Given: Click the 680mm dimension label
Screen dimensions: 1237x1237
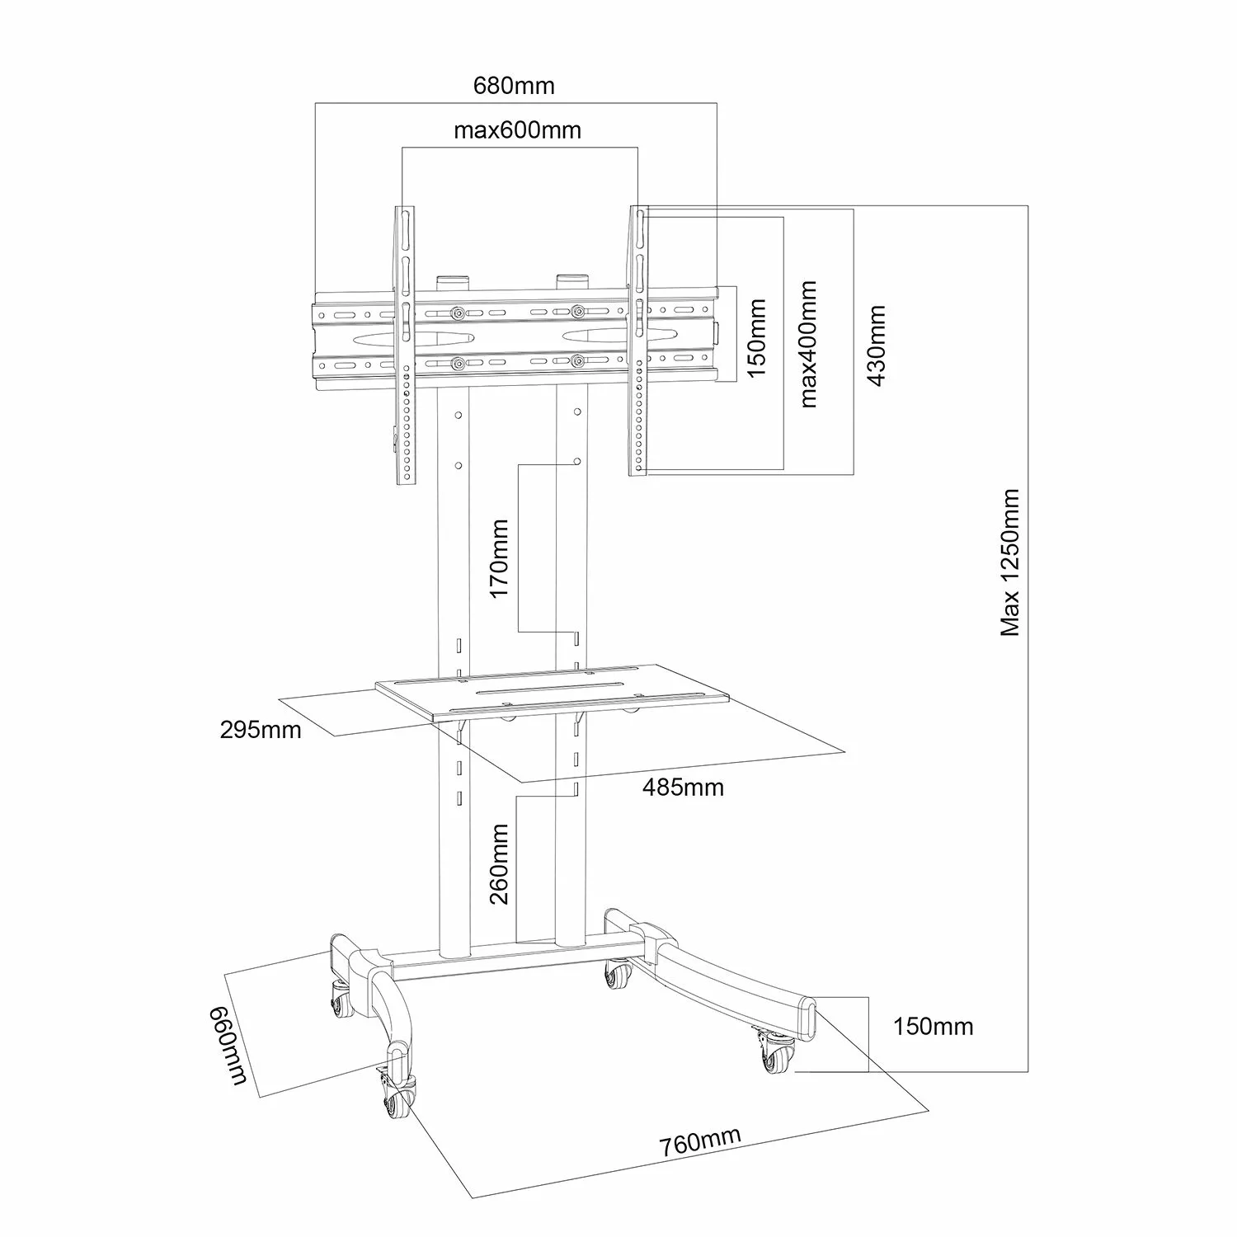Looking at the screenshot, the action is (514, 86).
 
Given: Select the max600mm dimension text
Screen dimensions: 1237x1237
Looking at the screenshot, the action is (517, 130).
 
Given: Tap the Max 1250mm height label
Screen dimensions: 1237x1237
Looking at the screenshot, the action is (1011, 562).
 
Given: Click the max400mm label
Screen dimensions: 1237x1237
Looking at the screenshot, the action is (808, 344).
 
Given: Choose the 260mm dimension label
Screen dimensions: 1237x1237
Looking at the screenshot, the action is (500, 863).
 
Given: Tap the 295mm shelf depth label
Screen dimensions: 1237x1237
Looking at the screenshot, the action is (261, 730).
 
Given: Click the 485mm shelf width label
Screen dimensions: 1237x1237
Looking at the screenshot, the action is (684, 788).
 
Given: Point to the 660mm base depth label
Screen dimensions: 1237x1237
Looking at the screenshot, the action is (228, 1045).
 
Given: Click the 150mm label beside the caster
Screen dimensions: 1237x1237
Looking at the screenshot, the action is (934, 1027).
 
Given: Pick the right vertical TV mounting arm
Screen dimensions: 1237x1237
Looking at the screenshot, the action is (639, 340).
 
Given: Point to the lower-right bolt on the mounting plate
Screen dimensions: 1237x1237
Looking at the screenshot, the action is (577, 362).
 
